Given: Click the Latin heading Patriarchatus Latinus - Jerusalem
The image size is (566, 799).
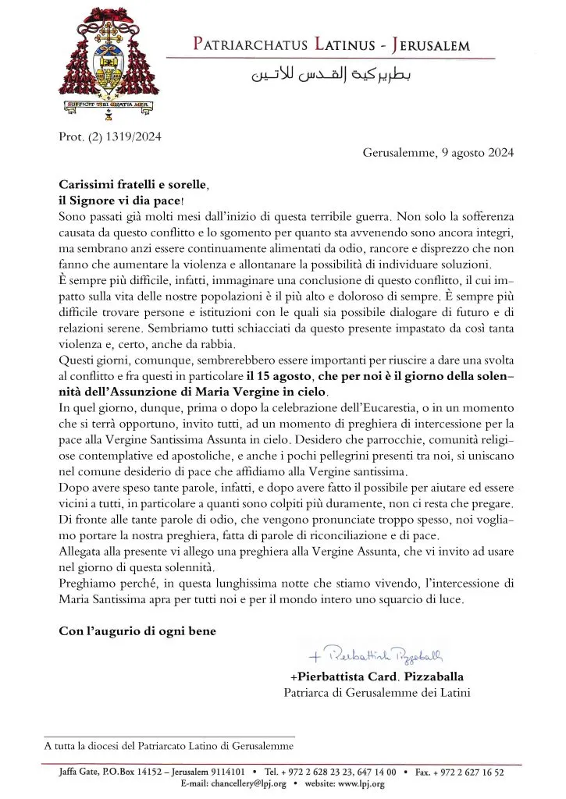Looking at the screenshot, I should (x=331, y=45).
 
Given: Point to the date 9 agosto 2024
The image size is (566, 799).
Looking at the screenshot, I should (x=478, y=153).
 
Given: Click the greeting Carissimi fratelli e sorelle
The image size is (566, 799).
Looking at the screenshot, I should (x=133, y=184).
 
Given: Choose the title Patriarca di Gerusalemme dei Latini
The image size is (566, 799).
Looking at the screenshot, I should (x=377, y=691).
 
